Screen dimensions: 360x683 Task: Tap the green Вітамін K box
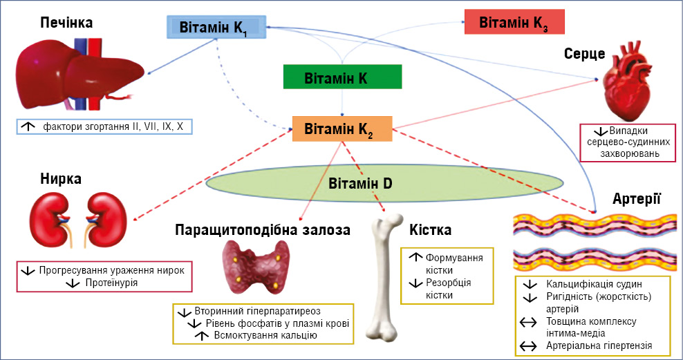point(341,77)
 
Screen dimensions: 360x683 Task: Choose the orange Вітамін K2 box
point(342,129)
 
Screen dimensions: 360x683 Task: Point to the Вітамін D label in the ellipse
point(360,184)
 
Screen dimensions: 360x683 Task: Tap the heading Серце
point(584,54)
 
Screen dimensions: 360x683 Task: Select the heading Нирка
point(61,179)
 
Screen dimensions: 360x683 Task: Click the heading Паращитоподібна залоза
point(263,229)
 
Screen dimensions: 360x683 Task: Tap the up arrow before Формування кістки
point(416,257)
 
